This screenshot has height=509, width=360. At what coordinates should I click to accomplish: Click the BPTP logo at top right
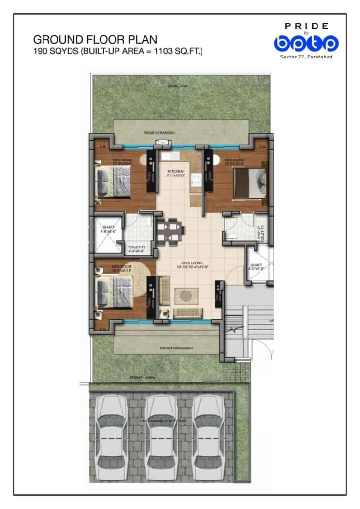306,44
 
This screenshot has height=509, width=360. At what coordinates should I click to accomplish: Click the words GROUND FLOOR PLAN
95,39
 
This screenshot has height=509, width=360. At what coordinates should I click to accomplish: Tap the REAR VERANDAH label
159,132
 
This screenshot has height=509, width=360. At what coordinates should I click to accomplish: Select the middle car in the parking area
162,437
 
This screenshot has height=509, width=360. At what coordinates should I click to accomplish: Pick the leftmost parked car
112,437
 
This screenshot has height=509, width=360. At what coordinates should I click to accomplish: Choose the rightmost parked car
209,437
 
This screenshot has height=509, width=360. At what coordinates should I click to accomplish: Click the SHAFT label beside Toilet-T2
107,228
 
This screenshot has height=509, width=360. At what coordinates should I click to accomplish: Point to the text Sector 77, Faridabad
306,57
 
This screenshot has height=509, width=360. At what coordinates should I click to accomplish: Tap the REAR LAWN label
178,86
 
